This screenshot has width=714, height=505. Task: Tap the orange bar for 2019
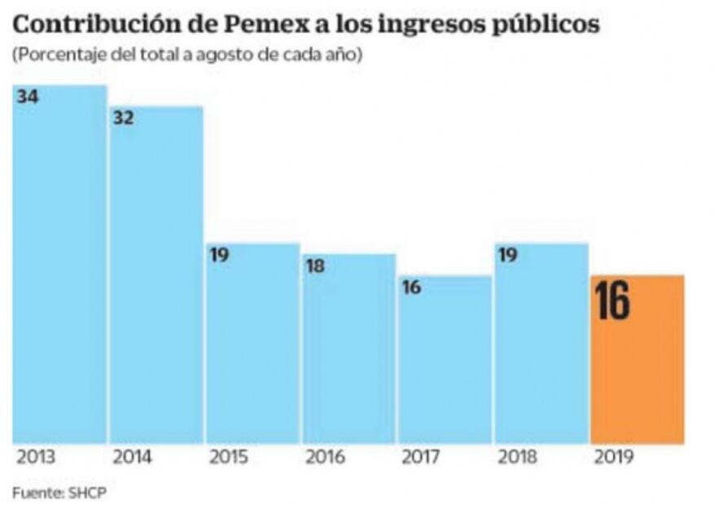[x=637, y=359]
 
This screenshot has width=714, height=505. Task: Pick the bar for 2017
[x=445, y=359]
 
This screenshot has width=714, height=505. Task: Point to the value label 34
[x=28, y=97]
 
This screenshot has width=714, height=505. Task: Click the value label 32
[x=124, y=118]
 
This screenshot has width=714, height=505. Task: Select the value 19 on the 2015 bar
[x=219, y=255]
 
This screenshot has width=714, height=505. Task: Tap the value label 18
[x=315, y=266]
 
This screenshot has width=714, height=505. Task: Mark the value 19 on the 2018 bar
[x=507, y=255]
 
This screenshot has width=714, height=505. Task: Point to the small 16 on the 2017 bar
[x=411, y=288]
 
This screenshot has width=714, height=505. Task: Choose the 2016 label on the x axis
[x=325, y=458]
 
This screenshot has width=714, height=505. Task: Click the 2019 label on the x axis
[x=613, y=458]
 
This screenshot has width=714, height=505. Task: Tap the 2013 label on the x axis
[x=35, y=458]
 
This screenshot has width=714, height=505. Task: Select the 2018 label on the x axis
[x=517, y=458]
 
